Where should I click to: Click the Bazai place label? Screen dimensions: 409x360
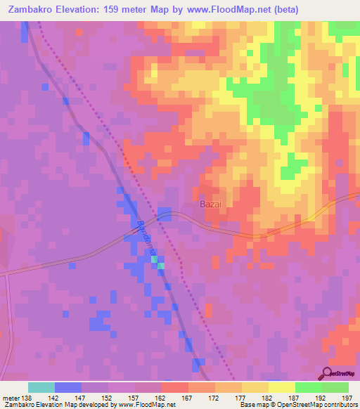pyautogui.click(x=211, y=204)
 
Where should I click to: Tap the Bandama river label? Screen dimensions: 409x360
pyautogui.click(x=147, y=240)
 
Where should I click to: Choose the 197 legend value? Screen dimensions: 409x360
pyautogui.click(x=347, y=397)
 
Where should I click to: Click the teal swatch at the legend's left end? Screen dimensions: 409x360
pyautogui.click(x=41, y=387)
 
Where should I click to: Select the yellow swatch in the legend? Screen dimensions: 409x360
pyautogui.click(x=281, y=387)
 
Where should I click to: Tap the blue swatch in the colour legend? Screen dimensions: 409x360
pyautogui.click(x=68, y=387)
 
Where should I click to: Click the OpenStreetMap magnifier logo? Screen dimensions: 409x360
pyautogui.click(x=328, y=373)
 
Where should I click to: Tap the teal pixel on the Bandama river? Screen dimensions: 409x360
pyautogui.click(x=161, y=265)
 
